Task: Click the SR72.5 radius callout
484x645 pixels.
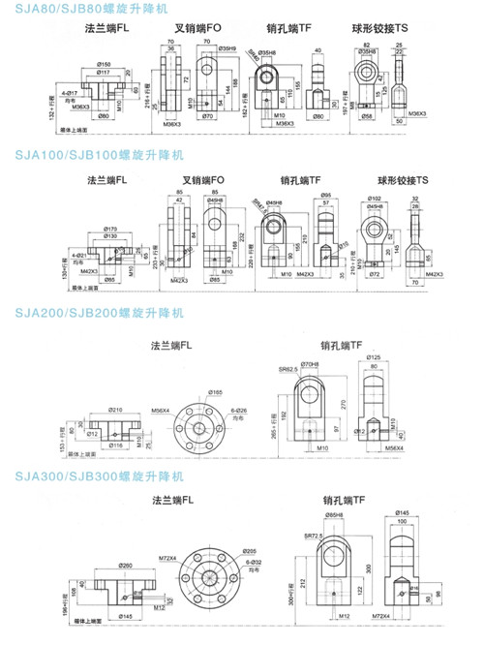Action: click(311, 537)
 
